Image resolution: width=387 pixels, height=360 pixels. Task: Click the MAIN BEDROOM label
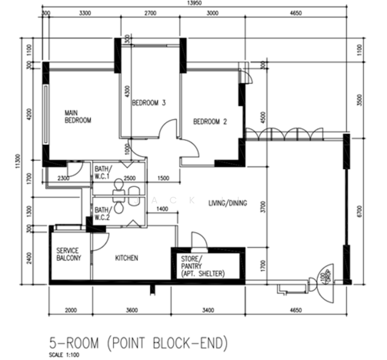[x=78, y=116]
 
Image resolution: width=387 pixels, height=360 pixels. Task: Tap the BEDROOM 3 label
[x=149, y=103]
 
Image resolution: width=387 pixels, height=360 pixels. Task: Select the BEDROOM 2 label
[x=210, y=122]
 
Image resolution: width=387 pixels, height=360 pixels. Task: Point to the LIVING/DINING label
[x=228, y=203]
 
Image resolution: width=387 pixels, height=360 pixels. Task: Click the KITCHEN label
[x=127, y=258]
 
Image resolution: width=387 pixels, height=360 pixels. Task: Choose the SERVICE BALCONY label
[x=68, y=254]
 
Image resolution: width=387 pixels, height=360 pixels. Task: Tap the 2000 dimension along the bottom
[x=71, y=310]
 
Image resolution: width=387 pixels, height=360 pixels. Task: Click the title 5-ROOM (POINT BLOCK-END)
[x=139, y=343]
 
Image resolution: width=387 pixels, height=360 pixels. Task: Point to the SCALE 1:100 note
[x=64, y=355]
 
